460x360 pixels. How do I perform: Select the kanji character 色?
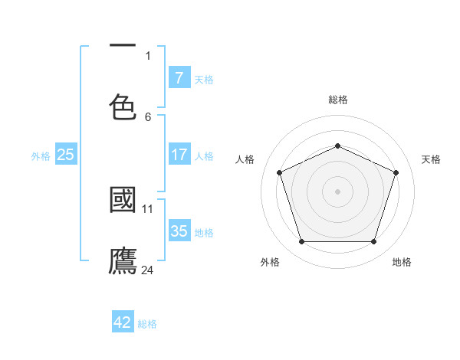(x=123, y=106)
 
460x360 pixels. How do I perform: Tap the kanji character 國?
(x=123, y=200)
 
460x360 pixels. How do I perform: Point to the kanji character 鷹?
(x=123, y=260)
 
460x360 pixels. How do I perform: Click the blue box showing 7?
(x=179, y=77)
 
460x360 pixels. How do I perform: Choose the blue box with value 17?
(x=179, y=155)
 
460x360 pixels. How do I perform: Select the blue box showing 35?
(x=179, y=231)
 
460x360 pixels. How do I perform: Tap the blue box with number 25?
(x=65, y=155)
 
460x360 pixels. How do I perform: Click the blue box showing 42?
(x=123, y=322)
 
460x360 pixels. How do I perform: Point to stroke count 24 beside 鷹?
(x=149, y=270)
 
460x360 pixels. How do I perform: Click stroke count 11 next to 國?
(x=148, y=208)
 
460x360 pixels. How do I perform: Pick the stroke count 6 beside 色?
(x=148, y=116)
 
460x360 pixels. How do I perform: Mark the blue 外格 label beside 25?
(x=41, y=155)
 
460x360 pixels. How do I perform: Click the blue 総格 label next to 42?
(x=147, y=323)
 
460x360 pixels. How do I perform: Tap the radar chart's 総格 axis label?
(x=337, y=100)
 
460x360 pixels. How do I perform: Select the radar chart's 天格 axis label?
(x=431, y=159)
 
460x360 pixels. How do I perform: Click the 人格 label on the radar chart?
(x=245, y=159)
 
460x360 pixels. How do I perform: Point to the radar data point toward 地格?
(x=373, y=241)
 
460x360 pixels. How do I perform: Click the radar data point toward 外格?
(x=301, y=241)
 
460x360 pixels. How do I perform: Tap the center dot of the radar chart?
(x=337, y=191)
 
